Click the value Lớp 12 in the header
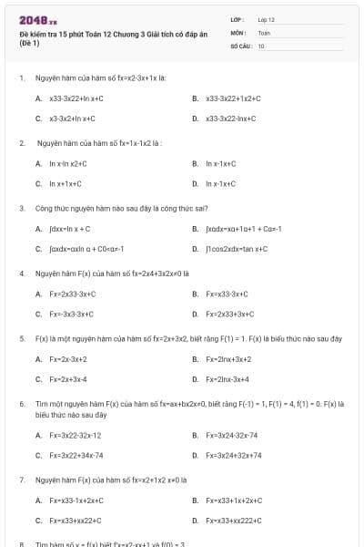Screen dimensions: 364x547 click(266, 19)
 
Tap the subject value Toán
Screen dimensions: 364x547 click(264, 32)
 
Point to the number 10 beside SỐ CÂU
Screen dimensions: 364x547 click(261, 45)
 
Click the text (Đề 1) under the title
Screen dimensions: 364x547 click(29, 44)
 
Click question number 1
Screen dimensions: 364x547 click(21, 78)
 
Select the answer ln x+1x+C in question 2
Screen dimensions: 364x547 click(65, 183)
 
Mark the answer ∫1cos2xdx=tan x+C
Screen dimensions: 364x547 click(237, 248)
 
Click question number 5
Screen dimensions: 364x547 click(21, 338)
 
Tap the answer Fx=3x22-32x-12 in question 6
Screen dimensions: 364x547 click(76, 436)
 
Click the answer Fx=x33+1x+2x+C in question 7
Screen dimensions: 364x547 click(235, 501)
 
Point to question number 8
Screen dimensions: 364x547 click(21, 544)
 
